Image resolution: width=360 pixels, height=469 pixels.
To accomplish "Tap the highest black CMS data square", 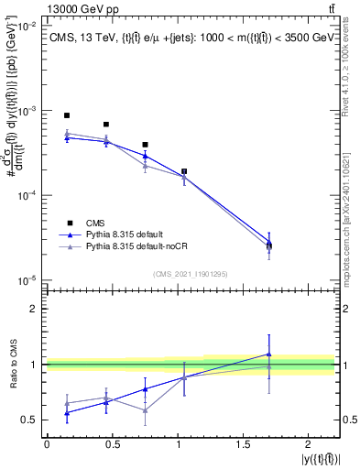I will (67, 115).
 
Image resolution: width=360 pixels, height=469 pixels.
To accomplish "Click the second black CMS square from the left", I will (106, 125).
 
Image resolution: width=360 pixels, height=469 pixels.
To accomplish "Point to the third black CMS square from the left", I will (146, 145).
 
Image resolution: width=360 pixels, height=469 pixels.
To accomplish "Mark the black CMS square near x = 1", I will (184, 171).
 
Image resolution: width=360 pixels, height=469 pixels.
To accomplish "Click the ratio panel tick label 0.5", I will (30, 420).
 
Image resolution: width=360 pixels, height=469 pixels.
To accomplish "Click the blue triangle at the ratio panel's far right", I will (269, 354).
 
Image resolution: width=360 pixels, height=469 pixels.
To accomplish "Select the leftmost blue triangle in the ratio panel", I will (67, 413).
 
